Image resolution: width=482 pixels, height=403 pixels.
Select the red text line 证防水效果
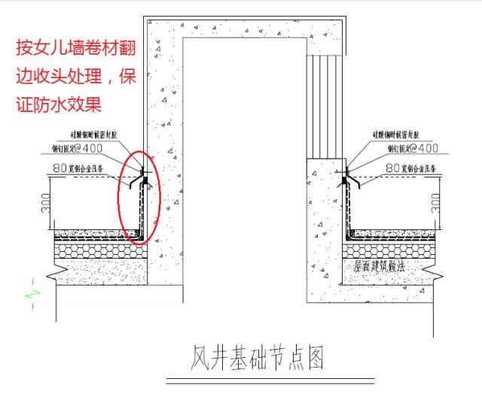pyautogui.click(x=58, y=103)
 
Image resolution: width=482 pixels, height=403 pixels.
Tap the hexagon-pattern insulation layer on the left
pyautogui.click(x=98, y=250)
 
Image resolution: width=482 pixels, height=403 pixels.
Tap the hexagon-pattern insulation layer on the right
pyautogui.click(x=384, y=250)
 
